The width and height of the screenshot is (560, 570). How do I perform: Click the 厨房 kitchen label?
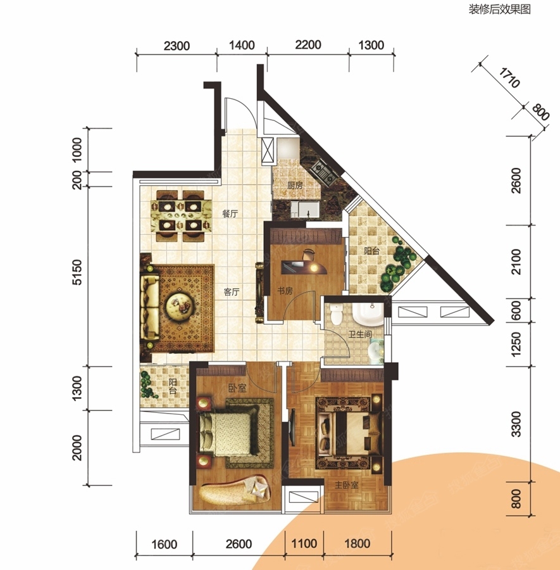pos(294,186)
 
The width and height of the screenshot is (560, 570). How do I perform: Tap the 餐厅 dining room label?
pos(230,213)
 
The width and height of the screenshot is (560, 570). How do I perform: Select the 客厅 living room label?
pos(232,291)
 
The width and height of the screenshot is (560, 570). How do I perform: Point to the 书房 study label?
pos(285,291)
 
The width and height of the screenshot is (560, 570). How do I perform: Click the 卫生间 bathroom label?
pos(360,334)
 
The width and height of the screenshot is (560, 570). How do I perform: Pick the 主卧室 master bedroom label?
pos(347,485)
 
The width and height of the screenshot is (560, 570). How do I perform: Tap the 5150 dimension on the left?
pos(77,272)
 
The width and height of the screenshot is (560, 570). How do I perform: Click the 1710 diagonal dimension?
pos(509,78)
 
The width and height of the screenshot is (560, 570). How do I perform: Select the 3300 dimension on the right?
pos(516,424)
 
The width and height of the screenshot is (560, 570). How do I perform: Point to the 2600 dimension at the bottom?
pos(239,544)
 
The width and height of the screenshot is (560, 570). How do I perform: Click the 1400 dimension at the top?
pos(242,45)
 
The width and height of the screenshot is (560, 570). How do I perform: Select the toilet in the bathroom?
pos(337,313)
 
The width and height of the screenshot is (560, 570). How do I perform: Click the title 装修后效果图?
pos(499,9)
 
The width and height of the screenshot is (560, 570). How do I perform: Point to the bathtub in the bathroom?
pos(368,313)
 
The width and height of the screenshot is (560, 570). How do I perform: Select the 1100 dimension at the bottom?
pos(304,543)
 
